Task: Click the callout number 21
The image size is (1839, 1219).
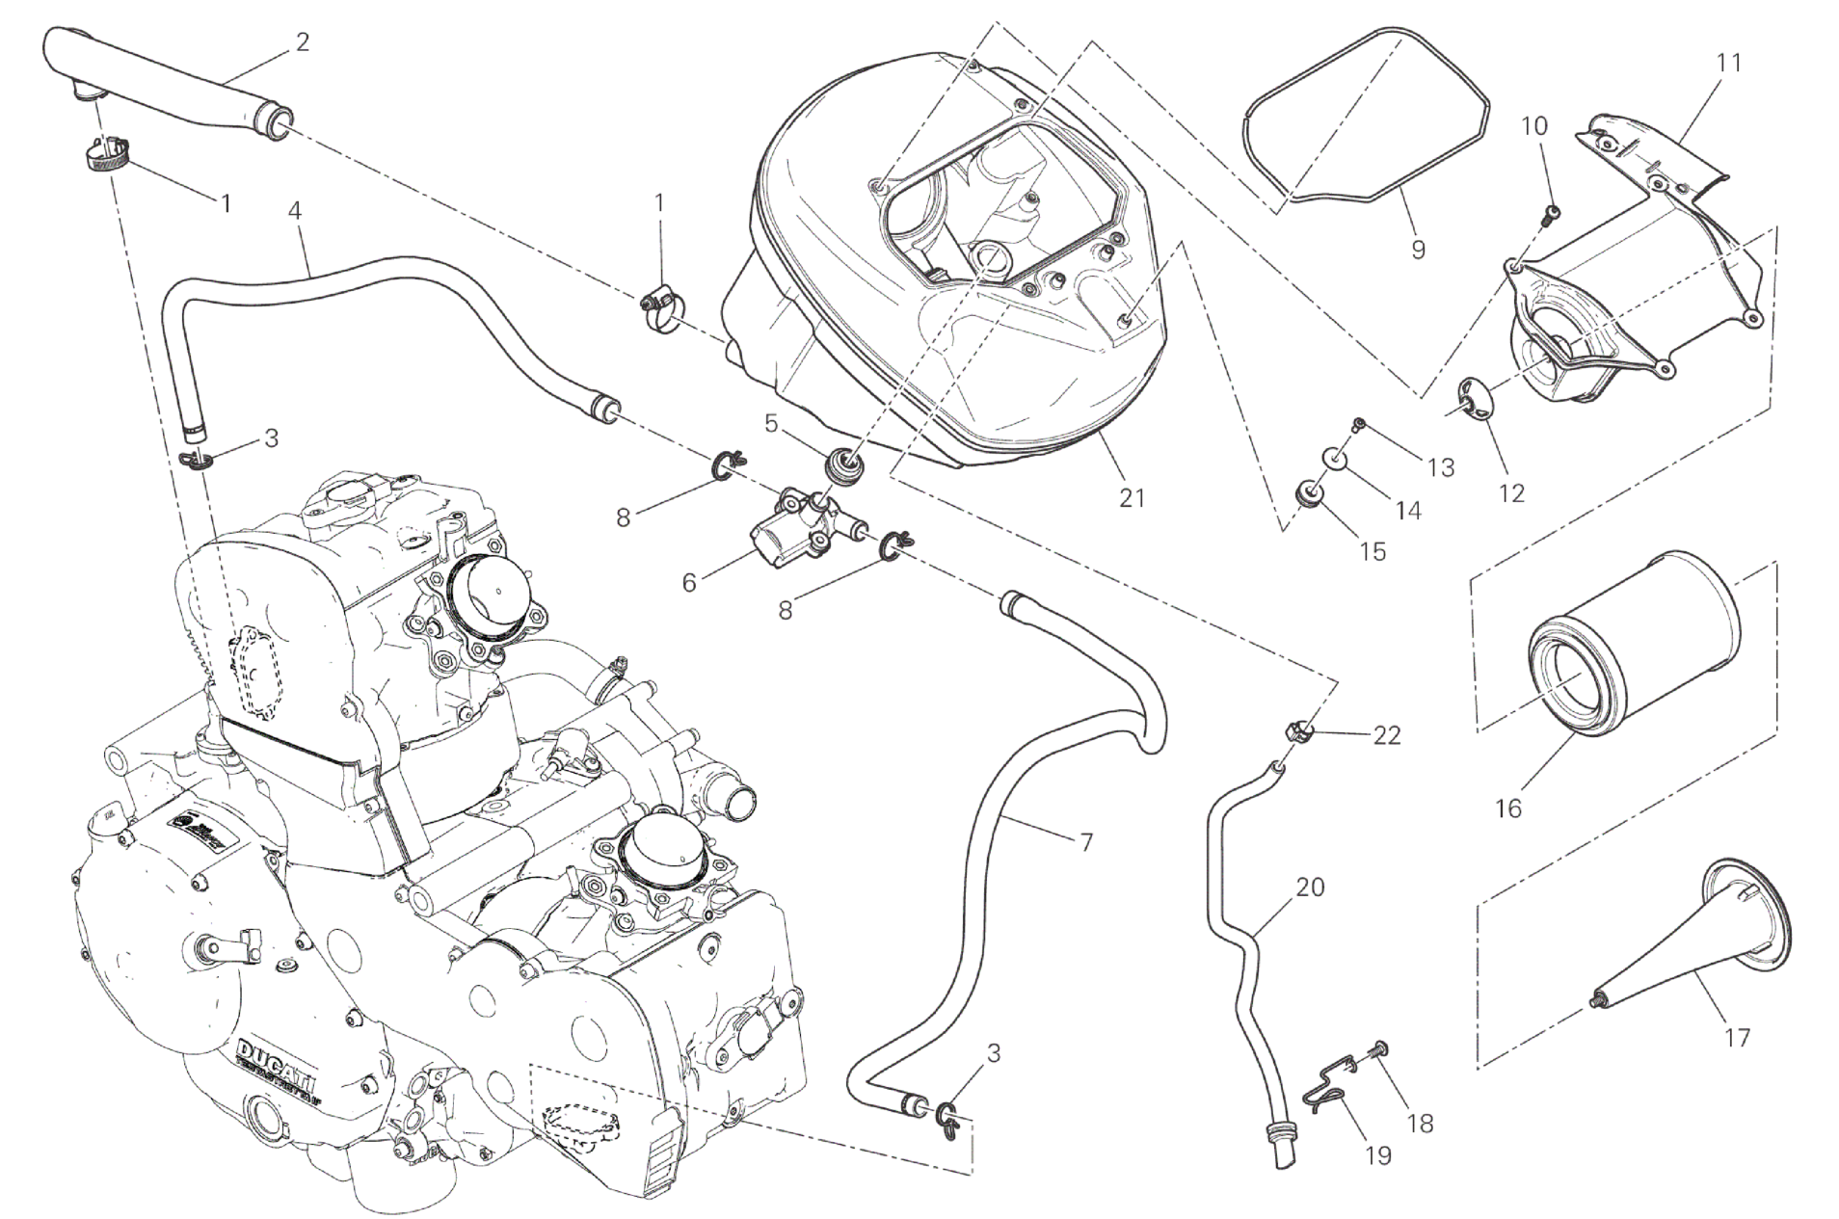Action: pos(1132,498)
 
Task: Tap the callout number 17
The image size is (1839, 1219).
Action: pos(1737,1038)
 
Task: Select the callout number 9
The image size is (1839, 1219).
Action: pos(1418,249)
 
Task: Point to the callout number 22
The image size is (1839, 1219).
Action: pos(1387,735)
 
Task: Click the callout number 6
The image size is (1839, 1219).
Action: pos(689,583)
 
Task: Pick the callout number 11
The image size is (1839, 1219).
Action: pos(1730,63)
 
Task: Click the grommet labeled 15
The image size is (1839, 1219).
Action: pos(1309,495)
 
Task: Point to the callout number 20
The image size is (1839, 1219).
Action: pos(1310,887)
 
